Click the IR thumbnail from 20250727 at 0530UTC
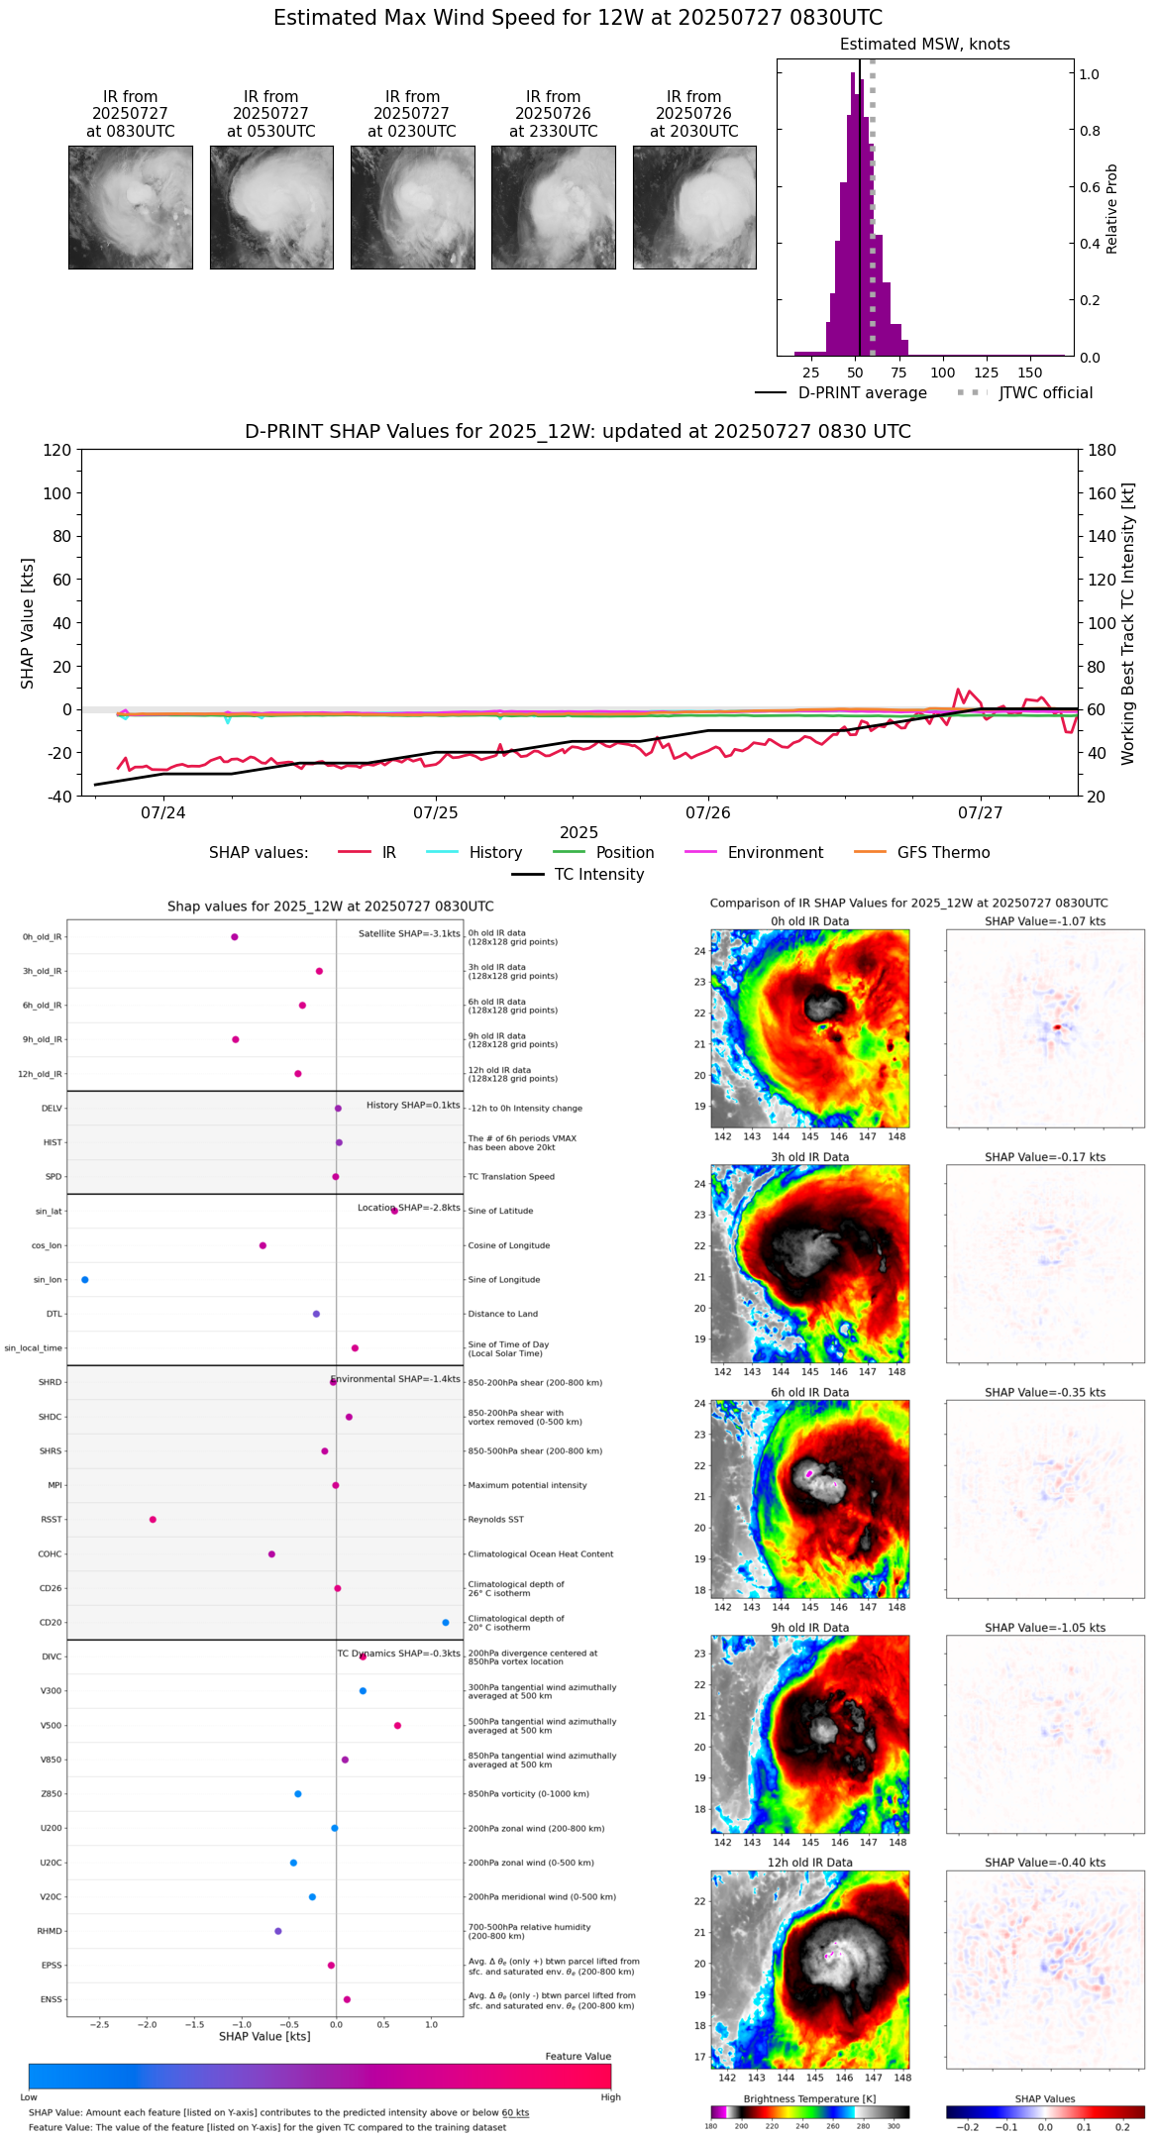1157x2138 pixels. click(x=271, y=207)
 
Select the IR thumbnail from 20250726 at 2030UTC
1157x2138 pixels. click(x=694, y=207)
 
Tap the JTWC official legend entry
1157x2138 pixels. click(x=1045, y=393)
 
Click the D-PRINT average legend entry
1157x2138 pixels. click(x=862, y=393)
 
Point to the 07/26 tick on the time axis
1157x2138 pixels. click(x=708, y=813)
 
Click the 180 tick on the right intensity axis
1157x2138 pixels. click(x=1103, y=451)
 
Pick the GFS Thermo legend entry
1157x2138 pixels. click(x=943, y=853)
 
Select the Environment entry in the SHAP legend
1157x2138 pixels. click(x=775, y=853)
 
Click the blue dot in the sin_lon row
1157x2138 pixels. click(x=85, y=1280)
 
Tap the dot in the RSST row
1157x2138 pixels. click(x=153, y=1520)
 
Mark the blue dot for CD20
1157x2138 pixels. click(x=446, y=1623)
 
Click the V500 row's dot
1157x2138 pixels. click(x=397, y=1726)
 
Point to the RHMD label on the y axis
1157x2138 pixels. click(x=50, y=1931)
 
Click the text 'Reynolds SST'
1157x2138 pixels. click(x=495, y=1520)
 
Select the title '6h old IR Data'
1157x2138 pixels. click(x=809, y=1393)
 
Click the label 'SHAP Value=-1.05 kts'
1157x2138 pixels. click(x=1045, y=1628)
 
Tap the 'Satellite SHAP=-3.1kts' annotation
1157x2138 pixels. click(x=409, y=934)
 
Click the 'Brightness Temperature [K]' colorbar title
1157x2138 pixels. click(x=809, y=2099)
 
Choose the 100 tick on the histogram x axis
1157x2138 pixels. click(x=943, y=374)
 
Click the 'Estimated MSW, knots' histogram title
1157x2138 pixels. click(x=925, y=45)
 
